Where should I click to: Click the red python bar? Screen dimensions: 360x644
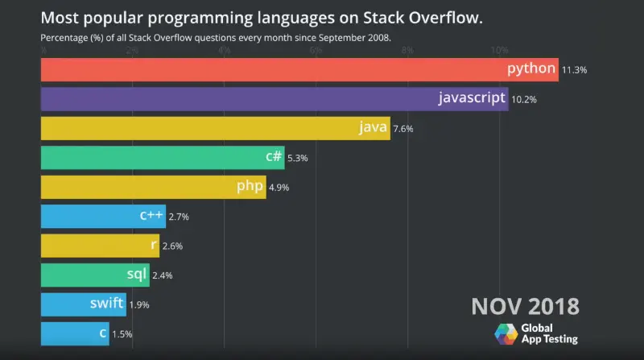(x=274, y=69)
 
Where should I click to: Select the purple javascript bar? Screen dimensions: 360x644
(x=242, y=99)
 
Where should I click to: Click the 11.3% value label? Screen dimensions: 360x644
(x=574, y=70)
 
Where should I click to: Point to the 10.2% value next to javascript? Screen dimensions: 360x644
(x=524, y=100)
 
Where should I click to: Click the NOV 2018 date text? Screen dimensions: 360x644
(x=524, y=307)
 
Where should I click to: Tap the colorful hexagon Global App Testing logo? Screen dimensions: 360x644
(x=506, y=334)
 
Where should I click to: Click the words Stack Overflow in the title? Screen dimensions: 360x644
(x=418, y=17)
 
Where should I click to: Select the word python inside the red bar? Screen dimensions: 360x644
(x=531, y=69)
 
